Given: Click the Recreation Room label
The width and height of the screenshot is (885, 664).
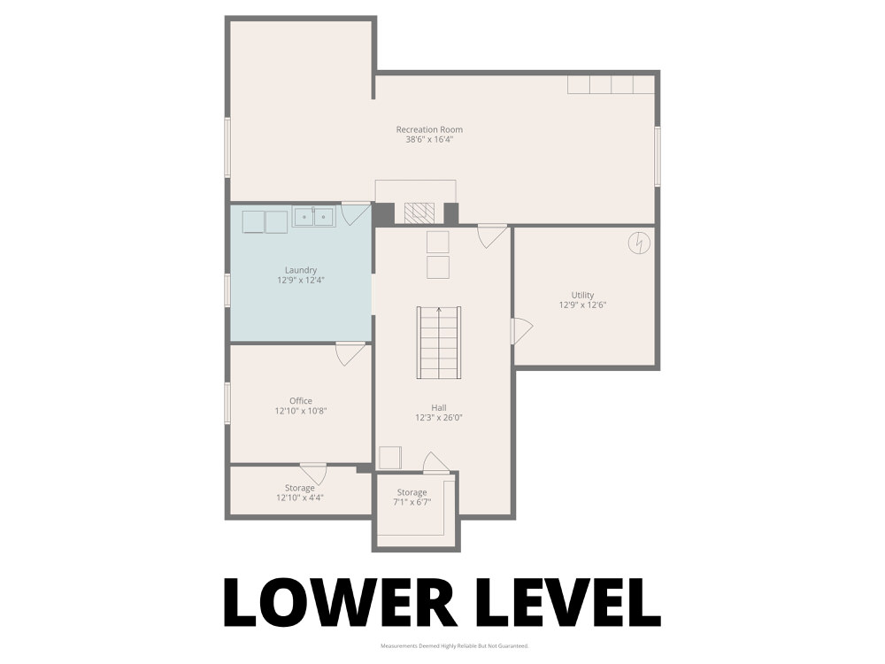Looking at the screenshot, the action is pyautogui.click(x=429, y=129).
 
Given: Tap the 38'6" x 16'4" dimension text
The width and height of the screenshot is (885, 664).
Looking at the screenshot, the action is pyautogui.click(x=429, y=140).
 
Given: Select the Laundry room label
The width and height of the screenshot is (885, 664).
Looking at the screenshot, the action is pyautogui.click(x=301, y=270).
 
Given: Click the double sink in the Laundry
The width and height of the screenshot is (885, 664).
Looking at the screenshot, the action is pyautogui.click(x=314, y=216).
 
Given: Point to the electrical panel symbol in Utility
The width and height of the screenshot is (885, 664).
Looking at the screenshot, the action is pyautogui.click(x=639, y=243).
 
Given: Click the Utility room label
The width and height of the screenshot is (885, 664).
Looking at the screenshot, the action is pyautogui.click(x=582, y=295).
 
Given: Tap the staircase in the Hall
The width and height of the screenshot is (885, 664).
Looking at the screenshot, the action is pyautogui.click(x=439, y=343).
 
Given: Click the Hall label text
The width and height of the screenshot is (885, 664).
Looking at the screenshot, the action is pyautogui.click(x=439, y=407).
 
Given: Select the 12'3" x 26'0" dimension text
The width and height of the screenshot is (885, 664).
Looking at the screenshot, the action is pyautogui.click(x=439, y=418).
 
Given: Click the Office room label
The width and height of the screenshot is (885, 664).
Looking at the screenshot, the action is pyautogui.click(x=301, y=401).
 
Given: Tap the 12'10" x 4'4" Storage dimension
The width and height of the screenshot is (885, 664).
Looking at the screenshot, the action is pyautogui.click(x=300, y=498).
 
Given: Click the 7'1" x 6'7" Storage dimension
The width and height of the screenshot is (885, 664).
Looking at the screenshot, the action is pyautogui.click(x=412, y=502).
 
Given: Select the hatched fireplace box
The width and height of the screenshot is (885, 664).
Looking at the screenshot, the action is pyautogui.click(x=419, y=212).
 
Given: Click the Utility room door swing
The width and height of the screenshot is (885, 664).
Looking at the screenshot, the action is pyautogui.click(x=522, y=331).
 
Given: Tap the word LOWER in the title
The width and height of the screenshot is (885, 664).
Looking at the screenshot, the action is pyautogui.click(x=341, y=602).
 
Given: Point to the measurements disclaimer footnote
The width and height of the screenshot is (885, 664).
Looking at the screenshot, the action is pyautogui.click(x=454, y=646).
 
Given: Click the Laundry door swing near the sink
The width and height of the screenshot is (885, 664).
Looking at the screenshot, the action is pyautogui.click(x=356, y=214).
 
